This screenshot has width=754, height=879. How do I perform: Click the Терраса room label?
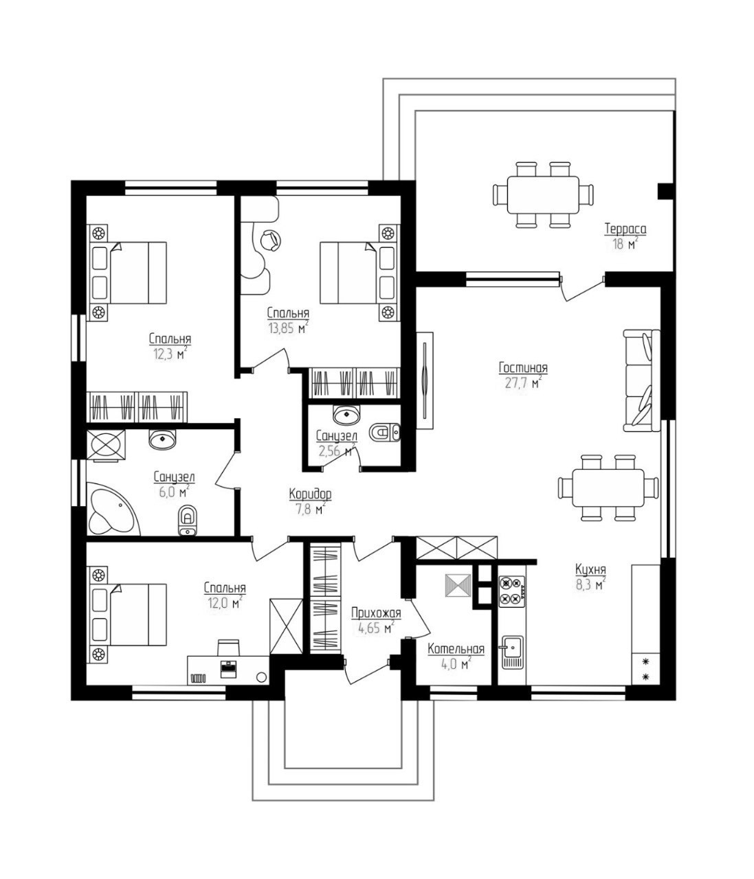pyautogui.click(x=625, y=229)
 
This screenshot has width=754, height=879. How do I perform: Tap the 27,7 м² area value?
pyautogui.click(x=523, y=382)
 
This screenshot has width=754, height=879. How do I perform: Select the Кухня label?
pyautogui.click(x=590, y=569)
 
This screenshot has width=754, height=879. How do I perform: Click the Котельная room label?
pyautogui.click(x=456, y=648)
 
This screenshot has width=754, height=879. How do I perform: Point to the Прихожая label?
pyautogui.click(x=376, y=613)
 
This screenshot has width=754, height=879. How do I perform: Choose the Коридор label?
pyautogui.click(x=310, y=494)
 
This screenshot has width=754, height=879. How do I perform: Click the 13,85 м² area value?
pyautogui.click(x=288, y=327)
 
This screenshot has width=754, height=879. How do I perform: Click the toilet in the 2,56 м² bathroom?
pyautogui.click(x=384, y=433)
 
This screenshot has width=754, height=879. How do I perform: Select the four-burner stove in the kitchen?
pyautogui.click(x=512, y=591)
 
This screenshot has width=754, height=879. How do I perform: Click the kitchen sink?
pyautogui.click(x=512, y=652)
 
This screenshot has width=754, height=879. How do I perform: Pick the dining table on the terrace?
pyautogui.click(x=543, y=195)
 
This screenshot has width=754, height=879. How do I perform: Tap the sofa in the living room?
pyautogui.click(x=641, y=380)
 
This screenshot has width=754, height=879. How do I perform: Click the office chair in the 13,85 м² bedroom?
pyautogui.click(x=271, y=240)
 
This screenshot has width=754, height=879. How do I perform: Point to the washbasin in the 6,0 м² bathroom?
pyautogui.click(x=162, y=439)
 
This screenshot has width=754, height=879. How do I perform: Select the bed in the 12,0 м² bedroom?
pyautogui.click(x=128, y=615)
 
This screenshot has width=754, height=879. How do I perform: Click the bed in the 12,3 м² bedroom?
pyautogui.click(x=128, y=273)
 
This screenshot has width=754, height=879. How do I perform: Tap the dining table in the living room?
pyautogui.click(x=608, y=488)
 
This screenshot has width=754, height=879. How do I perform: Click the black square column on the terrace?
pyautogui.click(x=665, y=191)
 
